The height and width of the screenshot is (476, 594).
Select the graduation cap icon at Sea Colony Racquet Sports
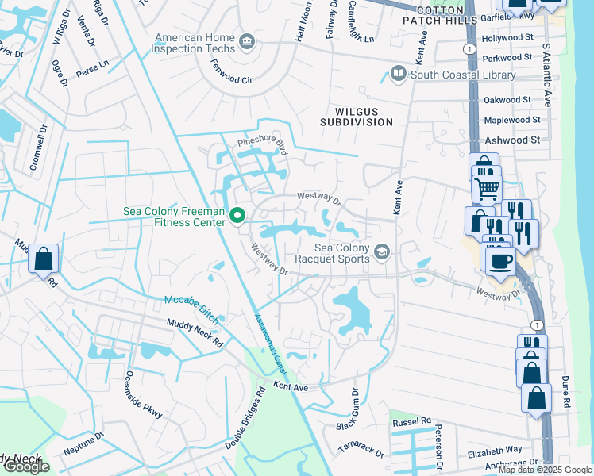383,252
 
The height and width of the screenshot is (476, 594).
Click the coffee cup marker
499,261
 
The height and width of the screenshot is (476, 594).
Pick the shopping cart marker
487,189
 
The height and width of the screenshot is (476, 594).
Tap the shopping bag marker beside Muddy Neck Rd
44,259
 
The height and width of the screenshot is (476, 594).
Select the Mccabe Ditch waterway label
191,301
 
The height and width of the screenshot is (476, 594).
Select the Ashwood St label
512,140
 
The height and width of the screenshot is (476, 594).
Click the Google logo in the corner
26,466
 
